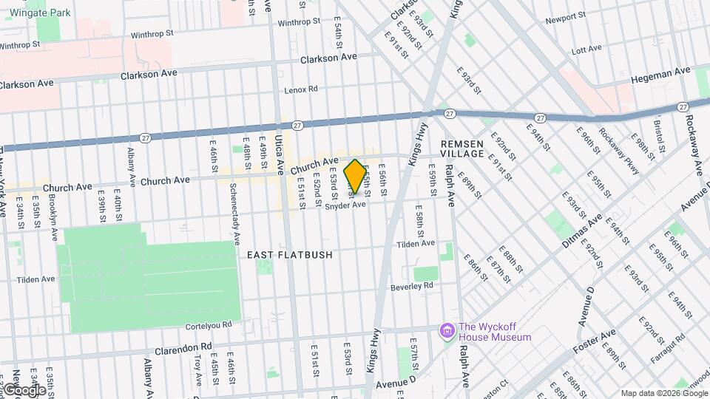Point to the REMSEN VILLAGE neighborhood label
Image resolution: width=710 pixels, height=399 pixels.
(x=462, y=148)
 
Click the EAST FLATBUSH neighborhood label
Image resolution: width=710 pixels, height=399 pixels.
(x=289, y=254)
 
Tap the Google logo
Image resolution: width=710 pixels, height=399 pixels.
(x=24, y=389)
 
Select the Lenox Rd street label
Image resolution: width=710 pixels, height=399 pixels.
(x=301, y=89)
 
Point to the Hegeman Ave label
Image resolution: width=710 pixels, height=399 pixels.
(x=662, y=74)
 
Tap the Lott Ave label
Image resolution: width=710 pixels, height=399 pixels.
(x=587, y=50)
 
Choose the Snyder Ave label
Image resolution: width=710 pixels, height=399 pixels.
(x=345, y=206)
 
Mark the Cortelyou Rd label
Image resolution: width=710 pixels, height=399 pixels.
(x=208, y=324)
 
